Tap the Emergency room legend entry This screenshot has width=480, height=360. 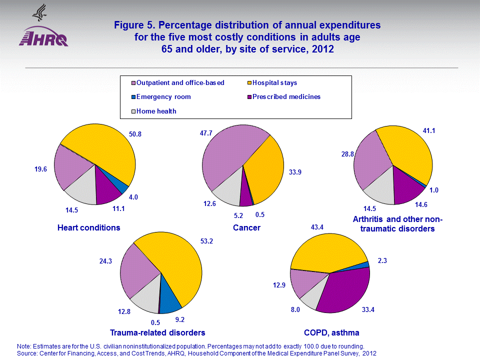pyautogui.click(x=164, y=97)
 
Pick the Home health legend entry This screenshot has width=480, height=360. pyautogui.click(x=156, y=111)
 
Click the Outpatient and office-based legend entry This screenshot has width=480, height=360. pyautogui.click(x=180, y=82)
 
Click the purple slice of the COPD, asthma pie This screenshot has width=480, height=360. pyautogui.click(x=345, y=290)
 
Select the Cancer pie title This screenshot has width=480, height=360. pyautogui.click(x=246, y=228)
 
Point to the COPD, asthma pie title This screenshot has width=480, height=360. pyautogui.click(x=331, y=332)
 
